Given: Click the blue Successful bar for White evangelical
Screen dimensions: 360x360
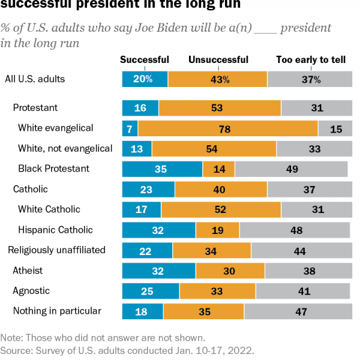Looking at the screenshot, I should [x=130, y=128].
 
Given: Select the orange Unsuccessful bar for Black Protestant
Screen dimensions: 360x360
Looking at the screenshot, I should [x=218, y=169].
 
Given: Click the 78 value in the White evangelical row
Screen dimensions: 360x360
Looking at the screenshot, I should [x=228, y=128].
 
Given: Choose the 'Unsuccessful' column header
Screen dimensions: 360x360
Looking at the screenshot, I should [x=218, y=59].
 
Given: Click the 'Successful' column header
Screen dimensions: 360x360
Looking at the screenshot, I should [x=145, y=59].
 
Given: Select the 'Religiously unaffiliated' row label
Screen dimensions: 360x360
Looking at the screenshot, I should [x=56, y=250].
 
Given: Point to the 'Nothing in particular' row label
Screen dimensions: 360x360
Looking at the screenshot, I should [x=57, y=311].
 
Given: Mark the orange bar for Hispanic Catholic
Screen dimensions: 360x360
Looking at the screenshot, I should [x=218, y=230].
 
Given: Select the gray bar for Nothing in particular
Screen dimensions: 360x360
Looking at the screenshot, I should [x=296, y=311].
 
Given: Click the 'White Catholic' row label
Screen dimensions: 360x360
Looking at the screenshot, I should [x=49, y=209].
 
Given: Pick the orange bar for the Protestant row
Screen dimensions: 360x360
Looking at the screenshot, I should [x=220, y=108].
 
